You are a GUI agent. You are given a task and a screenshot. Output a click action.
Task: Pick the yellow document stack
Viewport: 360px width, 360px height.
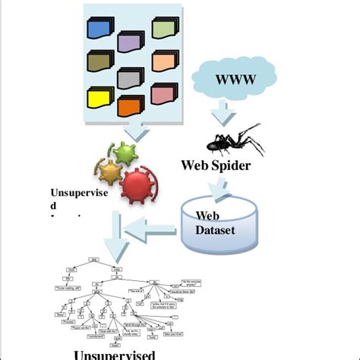pyautogui.click(x=101, y=97)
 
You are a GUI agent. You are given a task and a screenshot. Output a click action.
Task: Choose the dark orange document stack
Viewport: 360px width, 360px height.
pyautogui.click(x=130, y=106)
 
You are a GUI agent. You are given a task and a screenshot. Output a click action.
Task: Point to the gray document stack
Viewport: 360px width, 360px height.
pyautogui.click(x=130, y=78)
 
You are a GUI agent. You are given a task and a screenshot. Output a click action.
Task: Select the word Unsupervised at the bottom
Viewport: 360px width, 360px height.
pyautogui.click(x=114, y=354)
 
